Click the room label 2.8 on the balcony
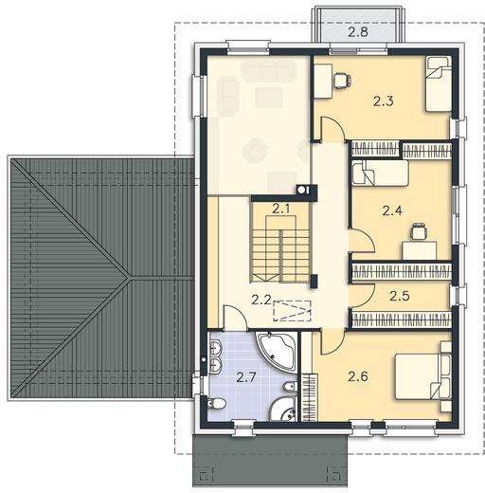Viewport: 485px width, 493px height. pyautogui.click(x=358, y=32)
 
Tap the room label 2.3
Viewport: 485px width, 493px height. pyautogui.click(x=384, y=101)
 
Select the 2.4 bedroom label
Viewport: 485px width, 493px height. pyautogui.click(x=392, y=210)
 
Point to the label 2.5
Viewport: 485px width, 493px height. pyautogui.click(x=400, y=296)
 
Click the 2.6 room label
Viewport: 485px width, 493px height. pyautogui.click(x=358, y=376)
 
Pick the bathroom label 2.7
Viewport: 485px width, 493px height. pyautogui.click(x=246, y=377)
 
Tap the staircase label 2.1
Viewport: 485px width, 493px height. pyautogui.click(x=281, y=209)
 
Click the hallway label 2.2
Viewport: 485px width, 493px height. pyautogui.click(x=261, y=300)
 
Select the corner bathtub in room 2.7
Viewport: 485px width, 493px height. pyautogui.click(x=276, y=350)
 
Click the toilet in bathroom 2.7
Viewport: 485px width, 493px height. pyautogui.click(x=217, y=404)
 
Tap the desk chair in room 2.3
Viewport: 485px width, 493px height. pyautogui.click(x=342, y=81)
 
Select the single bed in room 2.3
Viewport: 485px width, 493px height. pyautogui.click(x=438, y=84)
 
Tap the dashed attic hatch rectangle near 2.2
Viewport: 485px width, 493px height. pyautogui.click(x=292, y=311)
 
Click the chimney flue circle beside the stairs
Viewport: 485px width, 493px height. pyautogui.click(x=302, y=190)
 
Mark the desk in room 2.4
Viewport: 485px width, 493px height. pyautogui.click(x=420, y=250)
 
